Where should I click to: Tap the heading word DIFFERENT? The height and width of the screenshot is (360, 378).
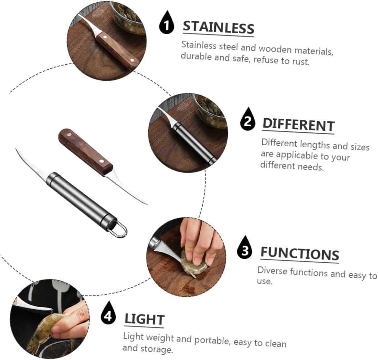(x=299, y=125)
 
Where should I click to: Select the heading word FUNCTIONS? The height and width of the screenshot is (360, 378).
(x=299, y=254)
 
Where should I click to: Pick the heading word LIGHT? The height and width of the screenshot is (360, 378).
(x=144, y=319)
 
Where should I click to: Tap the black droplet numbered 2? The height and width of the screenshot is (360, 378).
(x=247, y=120)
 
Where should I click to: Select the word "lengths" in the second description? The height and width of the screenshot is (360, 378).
(x=315, y=145)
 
